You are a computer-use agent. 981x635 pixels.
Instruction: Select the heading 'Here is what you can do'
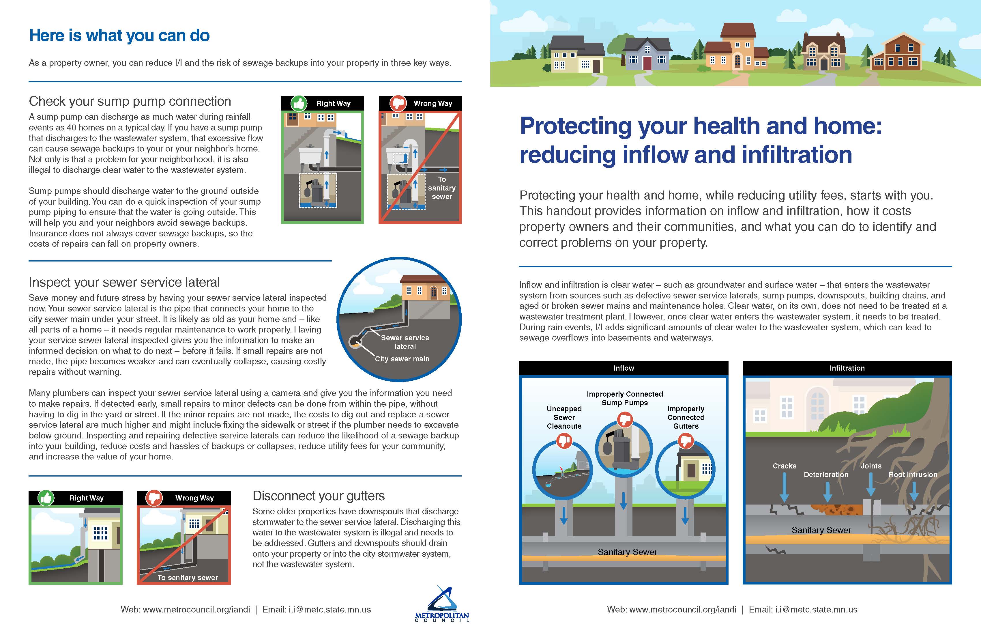pyautogui.click(x=119, y=36)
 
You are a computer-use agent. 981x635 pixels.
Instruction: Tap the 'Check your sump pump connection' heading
pyautogui.click(x=130, y=101)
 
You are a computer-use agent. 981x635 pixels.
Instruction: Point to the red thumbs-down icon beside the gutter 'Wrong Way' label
pyautogui.click(x=154, y=498)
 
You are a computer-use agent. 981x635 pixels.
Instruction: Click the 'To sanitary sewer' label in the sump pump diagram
pyautogui.click(x=442, y=188)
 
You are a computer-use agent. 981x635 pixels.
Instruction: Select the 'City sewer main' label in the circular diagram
pyautogui.click(x=402, y=359)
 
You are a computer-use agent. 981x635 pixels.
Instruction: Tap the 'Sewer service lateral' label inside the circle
pyautogui.click(x=405, y=342)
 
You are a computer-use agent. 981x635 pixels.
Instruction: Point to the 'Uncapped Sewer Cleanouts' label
pyautogui.click(x=564, y=417)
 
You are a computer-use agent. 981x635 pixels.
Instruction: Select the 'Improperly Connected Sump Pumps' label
pyautogui.click(x=625, y=398)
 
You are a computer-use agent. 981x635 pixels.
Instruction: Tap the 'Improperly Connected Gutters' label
pyautogui.click(x=686, y=417)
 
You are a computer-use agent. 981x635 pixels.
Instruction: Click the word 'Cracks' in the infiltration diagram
pyautogui.click(x=785, y=466)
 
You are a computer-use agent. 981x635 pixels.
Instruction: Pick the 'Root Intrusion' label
pyautogui.click(x=913, y=475)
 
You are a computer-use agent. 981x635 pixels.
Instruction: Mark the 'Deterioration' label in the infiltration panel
pyautogui.click(x=826, y=475)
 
